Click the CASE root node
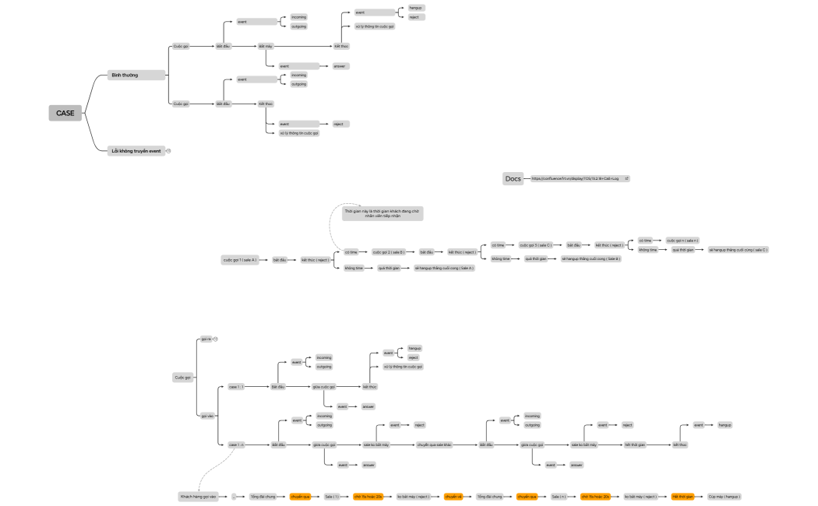tap(65, 113)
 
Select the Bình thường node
tap(136, 75)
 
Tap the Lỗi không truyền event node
tap(137, 150)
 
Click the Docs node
tap(513, 178)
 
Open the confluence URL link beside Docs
tap(579, 178)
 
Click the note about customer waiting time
tap(382, 213)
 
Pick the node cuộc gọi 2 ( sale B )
tap(389, 252)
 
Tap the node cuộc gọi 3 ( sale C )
tap(535, 244)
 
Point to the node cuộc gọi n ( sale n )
tap(682, 241)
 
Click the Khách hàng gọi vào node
tap(198, 496)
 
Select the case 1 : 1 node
tap(236, 386)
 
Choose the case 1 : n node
tap(236, 445)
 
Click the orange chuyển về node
tap(453, 496)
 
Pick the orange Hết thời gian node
tap(682, 496)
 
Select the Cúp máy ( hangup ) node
tap(725, 496)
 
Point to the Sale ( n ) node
tap(559, 496)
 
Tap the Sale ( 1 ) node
tap(333, 496)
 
